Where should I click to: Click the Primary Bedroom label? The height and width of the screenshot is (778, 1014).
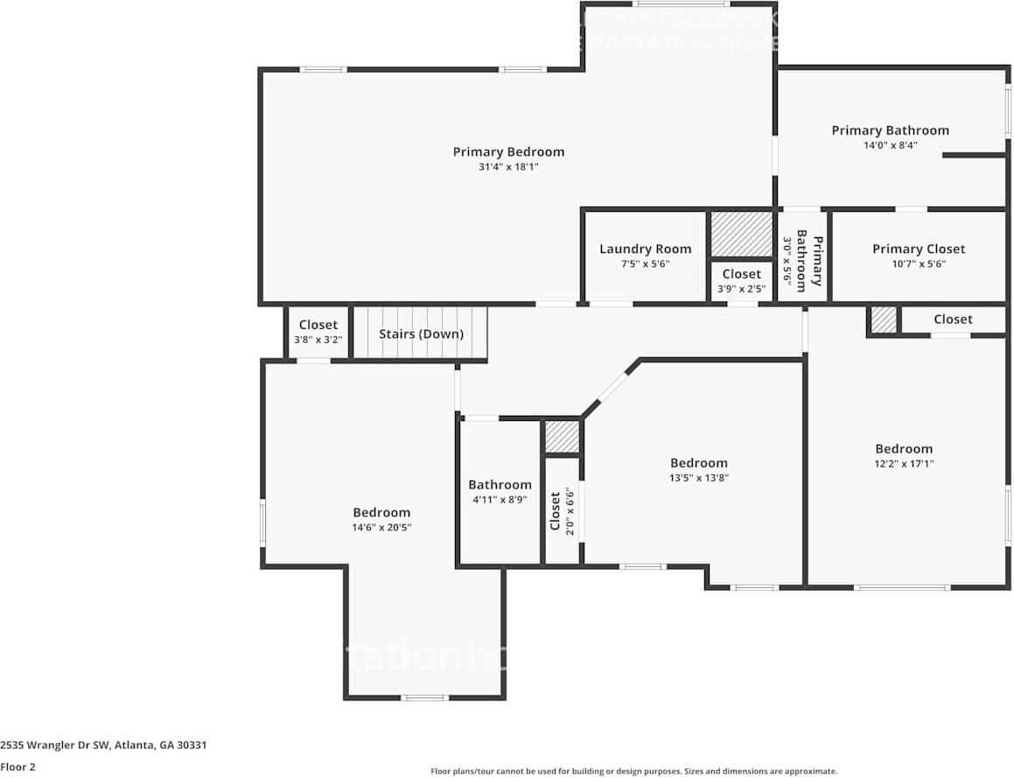pyautogui.click(x=508, y=151)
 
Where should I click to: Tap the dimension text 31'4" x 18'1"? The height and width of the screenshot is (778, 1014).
pyautogui.click(x=508, y=166)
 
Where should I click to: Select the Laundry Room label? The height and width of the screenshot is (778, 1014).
pyautogui.click(x=645, y=249)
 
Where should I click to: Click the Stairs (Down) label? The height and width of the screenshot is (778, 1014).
pyautogui.click(x=421, y=333)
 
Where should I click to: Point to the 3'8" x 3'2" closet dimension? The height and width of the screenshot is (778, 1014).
pyautogui.click(x=318, y=340)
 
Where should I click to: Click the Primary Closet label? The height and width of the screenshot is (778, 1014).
pyautogui.click(x=919, y=249)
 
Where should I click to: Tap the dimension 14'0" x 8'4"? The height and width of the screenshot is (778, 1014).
pyautogui.click(x=890, y=145)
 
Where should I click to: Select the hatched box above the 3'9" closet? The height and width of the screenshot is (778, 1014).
pyautogui.click(x=740, y=235)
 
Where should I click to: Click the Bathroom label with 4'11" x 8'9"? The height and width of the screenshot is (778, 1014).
pyautogui.click(x=500, y=485)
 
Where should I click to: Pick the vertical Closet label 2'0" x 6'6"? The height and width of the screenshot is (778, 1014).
pyautogui.click(x=555, y=510)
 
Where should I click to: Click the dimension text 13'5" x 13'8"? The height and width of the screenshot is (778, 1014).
pyautogui.click(x=698, y=478)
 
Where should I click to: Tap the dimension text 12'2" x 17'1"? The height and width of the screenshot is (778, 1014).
pyautogui.click(x=904, y=464)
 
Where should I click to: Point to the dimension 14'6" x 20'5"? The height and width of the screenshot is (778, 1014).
pyautogui.click(x=381, y=528)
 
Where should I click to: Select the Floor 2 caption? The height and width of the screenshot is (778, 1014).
pyautogui.click(x=18, y=767)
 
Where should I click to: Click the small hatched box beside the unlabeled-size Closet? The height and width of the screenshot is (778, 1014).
pyautogui.click(x=884, y=319)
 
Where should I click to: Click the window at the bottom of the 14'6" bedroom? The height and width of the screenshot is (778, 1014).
pyautogui.click(x=425, y=697)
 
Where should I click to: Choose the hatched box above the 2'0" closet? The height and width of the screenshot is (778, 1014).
pyautogui.click(x=562, y=437)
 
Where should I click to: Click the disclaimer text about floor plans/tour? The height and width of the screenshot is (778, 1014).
pyautogui.click(x=633, y=771)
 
